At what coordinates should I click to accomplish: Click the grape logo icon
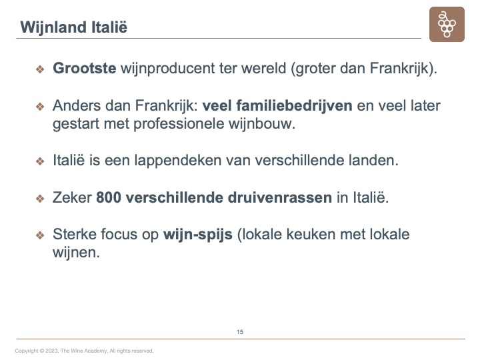447,24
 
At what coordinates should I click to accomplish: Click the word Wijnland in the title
53,27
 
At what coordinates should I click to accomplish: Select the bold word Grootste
85,68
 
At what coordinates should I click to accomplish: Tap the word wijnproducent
167,69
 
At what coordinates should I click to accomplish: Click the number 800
109,197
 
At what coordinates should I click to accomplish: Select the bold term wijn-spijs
198,235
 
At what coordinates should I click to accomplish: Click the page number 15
240,332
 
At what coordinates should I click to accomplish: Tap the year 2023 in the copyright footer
51,351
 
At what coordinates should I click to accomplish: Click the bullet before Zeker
40,199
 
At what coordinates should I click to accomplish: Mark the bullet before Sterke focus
40,235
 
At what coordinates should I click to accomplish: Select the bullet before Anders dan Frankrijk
40,107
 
